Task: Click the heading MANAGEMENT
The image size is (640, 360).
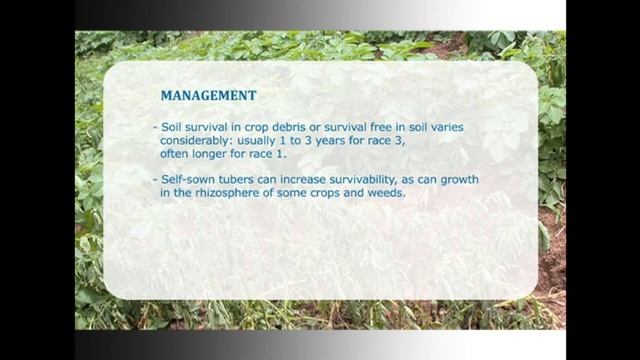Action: [x=209, y=96]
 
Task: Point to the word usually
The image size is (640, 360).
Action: [x=265, y=142]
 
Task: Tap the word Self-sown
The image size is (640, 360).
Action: [x=191, y=179]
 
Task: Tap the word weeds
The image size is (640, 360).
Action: [x=385, y=193]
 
